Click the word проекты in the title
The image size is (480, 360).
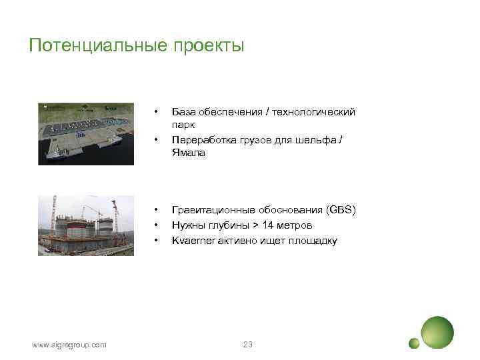[x=208, y=46]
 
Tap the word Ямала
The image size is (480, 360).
[x=188, y=153]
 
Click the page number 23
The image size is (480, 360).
[x=248, y=344]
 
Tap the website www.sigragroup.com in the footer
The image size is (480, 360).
[x=69, y=344]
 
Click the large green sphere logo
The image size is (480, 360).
[x=437, y=331]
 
